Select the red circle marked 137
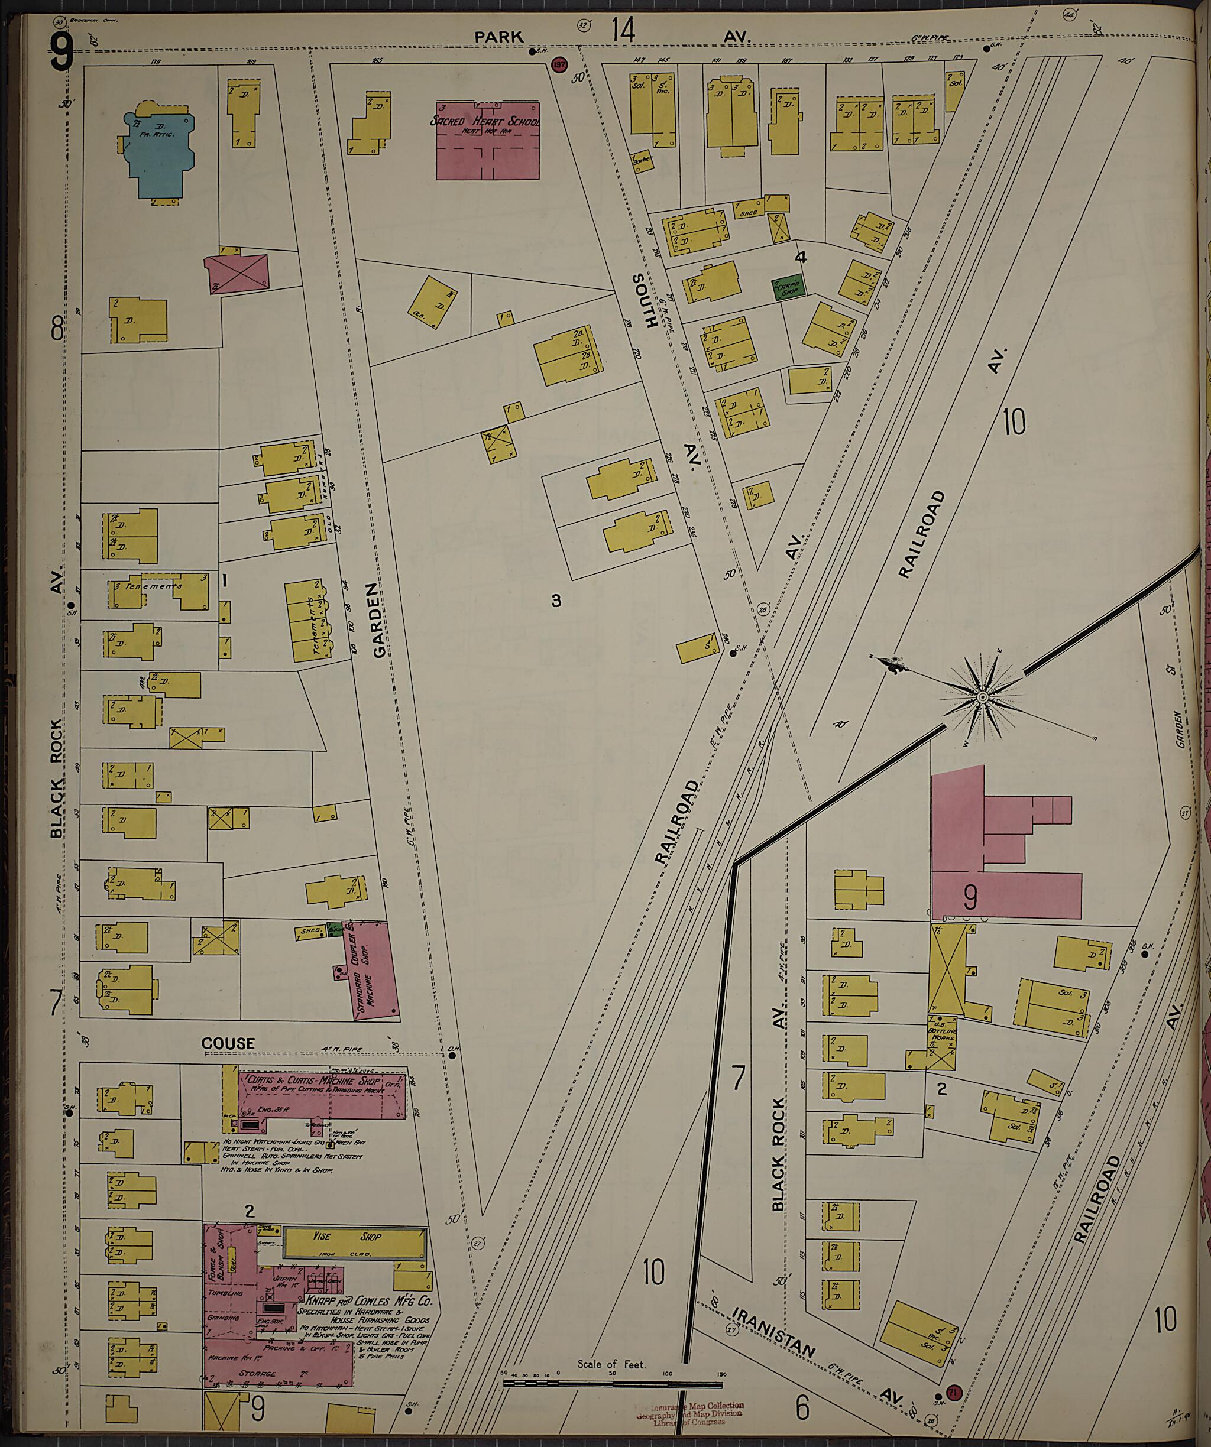[558, 66]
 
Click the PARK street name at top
[498, 37]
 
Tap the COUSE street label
[228, 1044]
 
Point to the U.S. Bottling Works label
[941, 1031]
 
